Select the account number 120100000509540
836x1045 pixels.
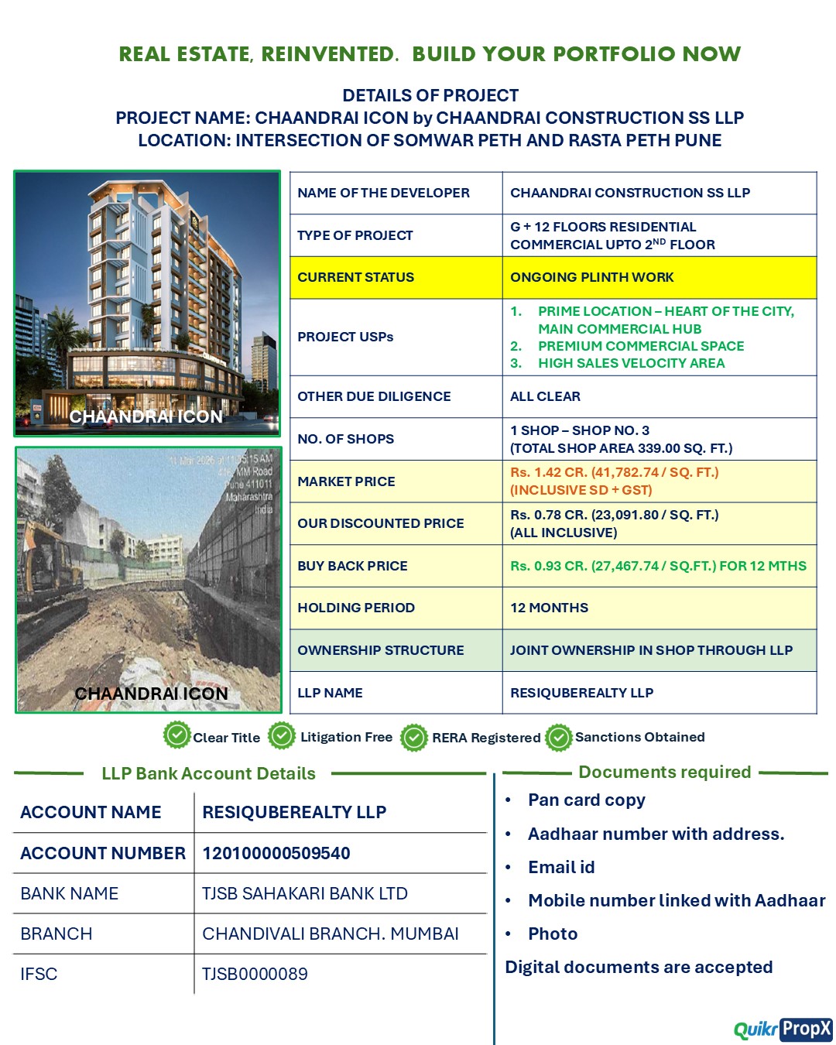pos(276,853)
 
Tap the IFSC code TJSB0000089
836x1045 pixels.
pos(255,974)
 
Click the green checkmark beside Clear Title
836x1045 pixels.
pos(177,735)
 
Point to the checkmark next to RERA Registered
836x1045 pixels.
pos(414,738)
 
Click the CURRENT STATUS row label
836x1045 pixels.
pos(355,277)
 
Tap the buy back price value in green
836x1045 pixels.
pos(658,566)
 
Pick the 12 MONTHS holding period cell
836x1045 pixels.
pos(549,608)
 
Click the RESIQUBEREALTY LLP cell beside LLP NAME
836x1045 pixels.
pos(581,693)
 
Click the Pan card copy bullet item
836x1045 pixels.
pos(586,800)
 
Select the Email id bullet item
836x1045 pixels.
pos(561,867)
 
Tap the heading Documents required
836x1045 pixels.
pos(664,772)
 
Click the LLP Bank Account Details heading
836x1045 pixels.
pos(208,773)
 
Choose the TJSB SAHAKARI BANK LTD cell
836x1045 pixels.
pos(304,893)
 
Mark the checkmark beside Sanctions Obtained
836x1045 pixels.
pos(558,738)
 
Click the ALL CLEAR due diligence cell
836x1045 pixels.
pos(545,396)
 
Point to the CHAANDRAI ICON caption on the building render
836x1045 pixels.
pos(146,416)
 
